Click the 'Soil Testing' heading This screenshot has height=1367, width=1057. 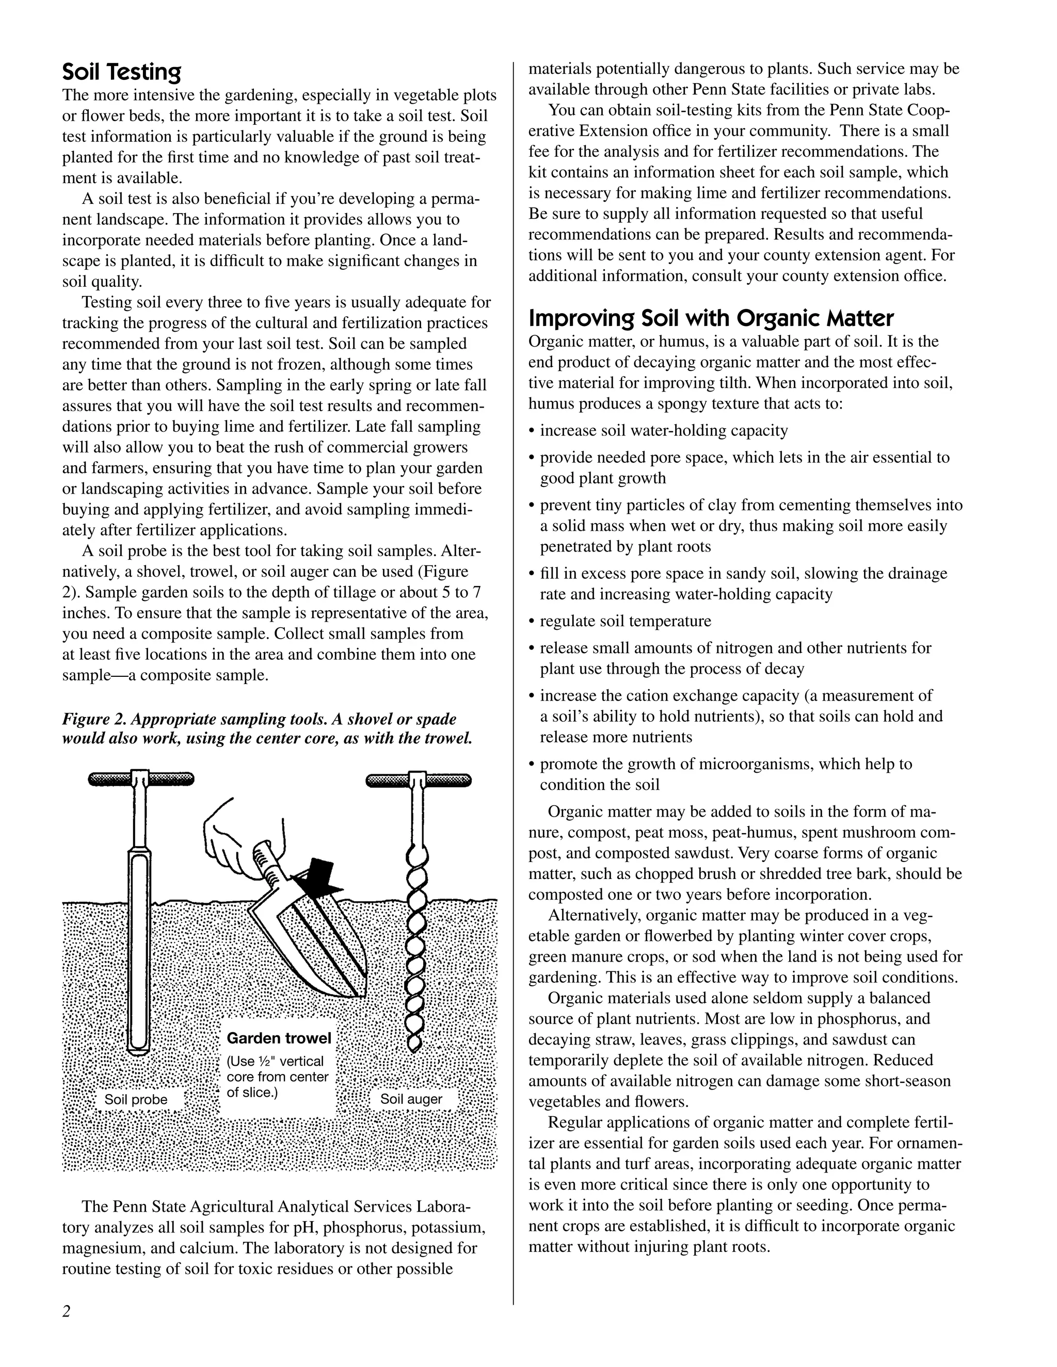click(x=121, y=73)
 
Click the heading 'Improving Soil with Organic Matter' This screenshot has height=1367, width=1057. click(x=711, y=319)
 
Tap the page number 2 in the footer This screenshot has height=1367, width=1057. click(x=67, y=1311)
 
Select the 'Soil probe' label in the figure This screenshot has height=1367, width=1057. click(x=136, y=1099)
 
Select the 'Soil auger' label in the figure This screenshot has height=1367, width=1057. click(x=411, y=1098)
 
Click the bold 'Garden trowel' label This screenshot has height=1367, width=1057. click(x=279, y=1038)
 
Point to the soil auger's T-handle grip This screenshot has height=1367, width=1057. click(x=418, y=780)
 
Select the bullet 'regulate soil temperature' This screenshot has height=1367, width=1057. click(x=626, y=621)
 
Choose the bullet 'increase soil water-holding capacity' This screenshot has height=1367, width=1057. click(x=664, y=431)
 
